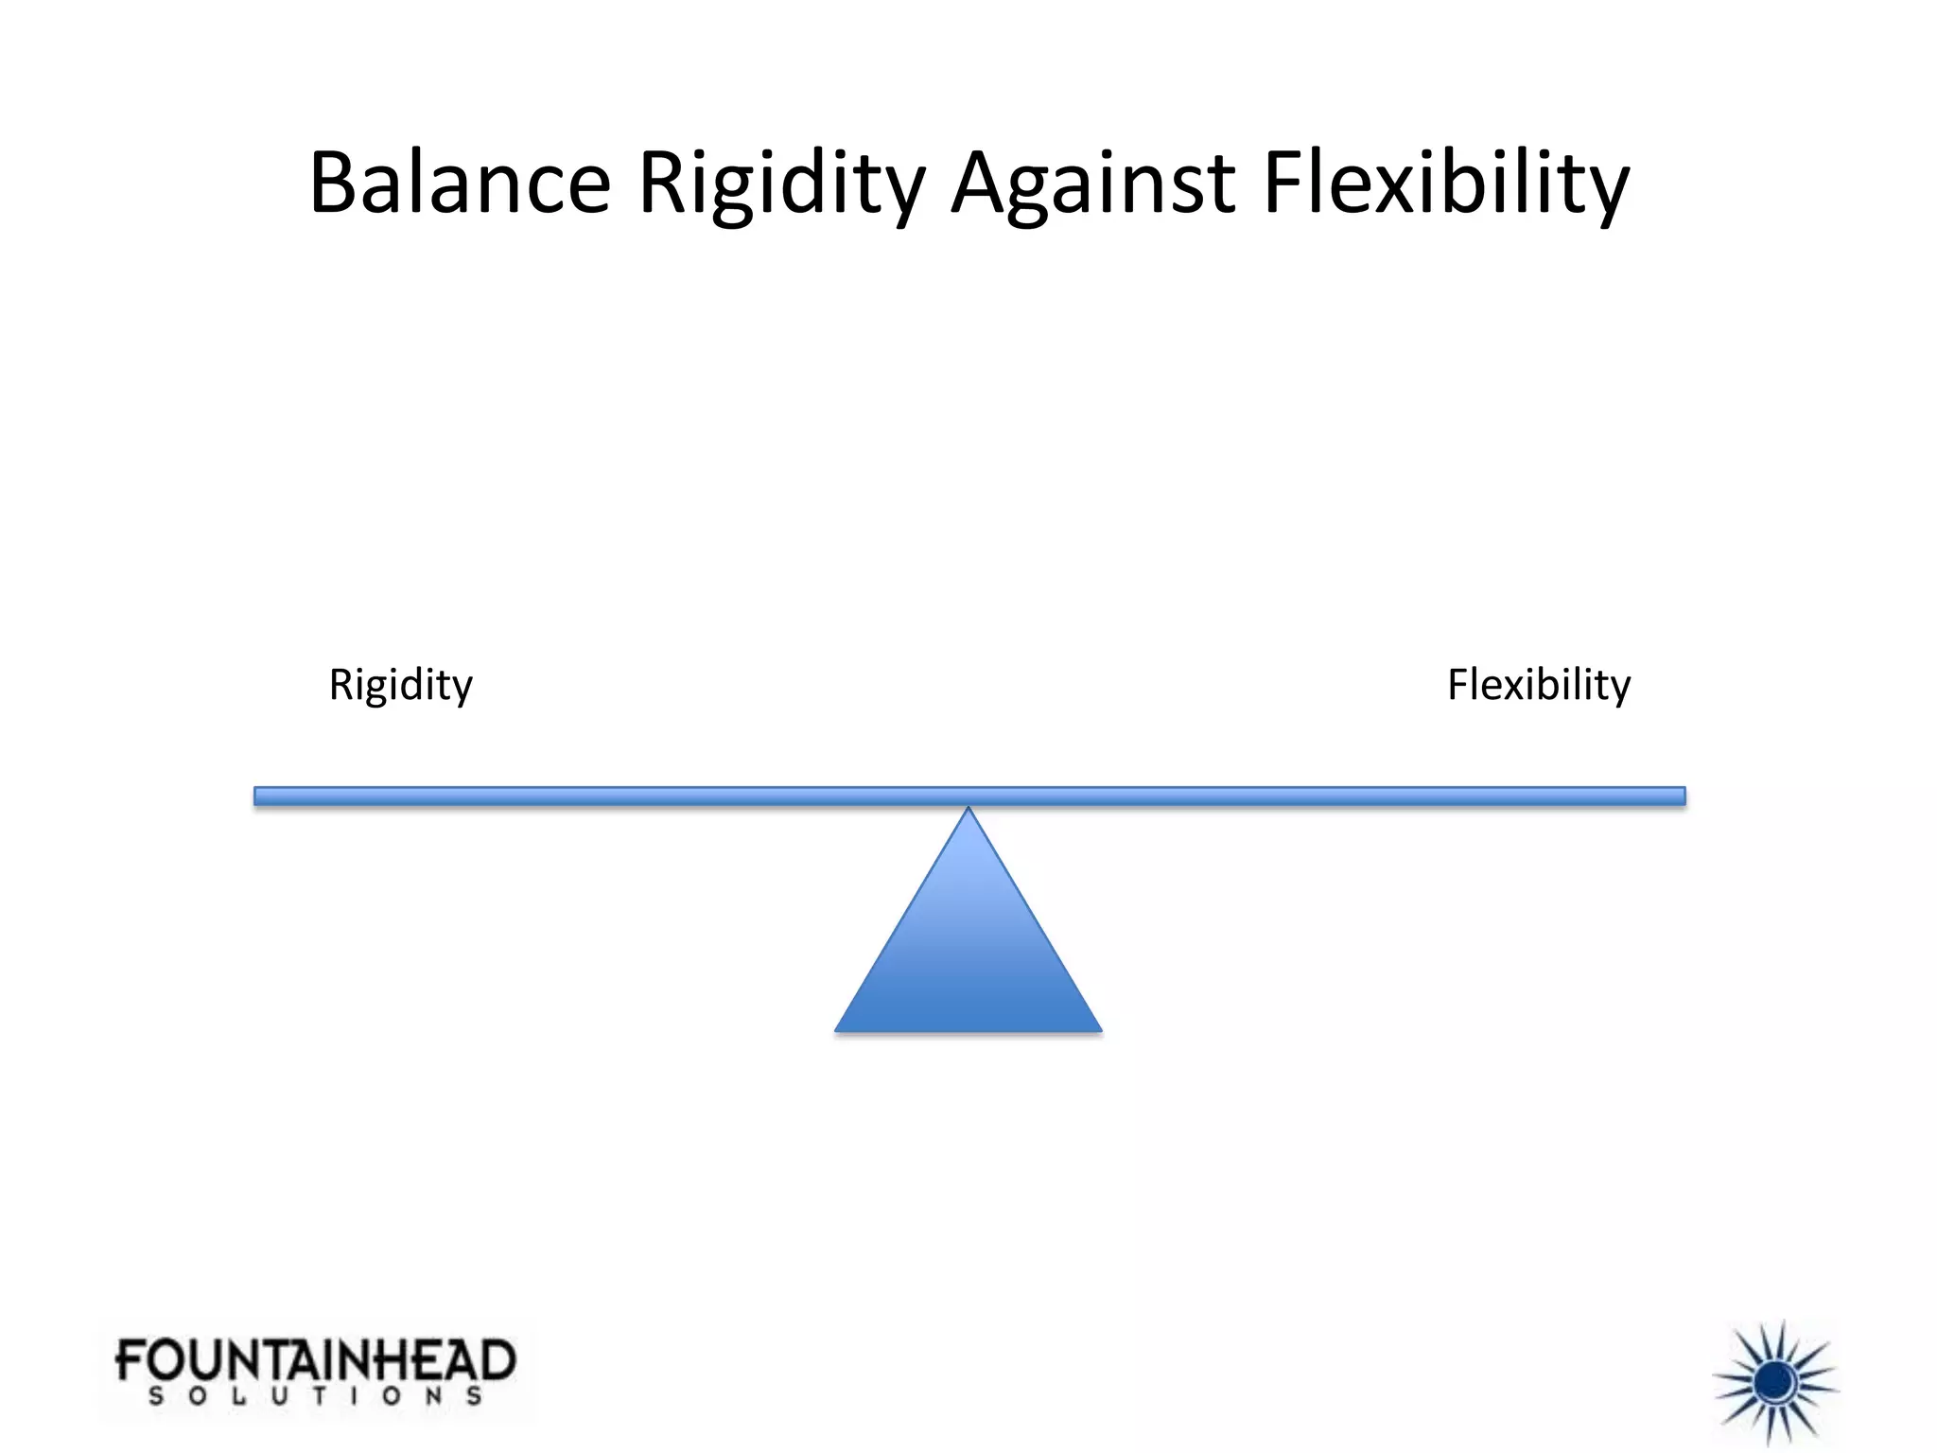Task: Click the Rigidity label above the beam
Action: [400, 685]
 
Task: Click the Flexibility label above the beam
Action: [1539, 685]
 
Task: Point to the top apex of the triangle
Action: [968, 810]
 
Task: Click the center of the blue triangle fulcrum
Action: [968, 955]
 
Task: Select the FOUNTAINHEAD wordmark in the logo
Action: [315, 1361]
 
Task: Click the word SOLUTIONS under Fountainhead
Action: [315, 1396]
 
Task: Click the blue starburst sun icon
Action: [1775, 1383]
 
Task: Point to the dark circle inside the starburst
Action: [1775, 1383]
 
